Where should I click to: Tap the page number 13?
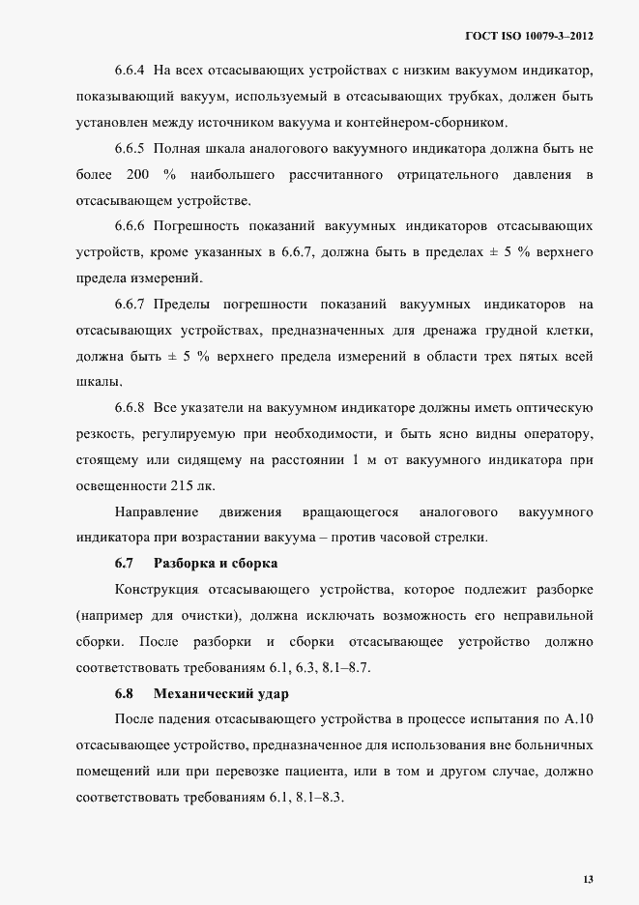(588, 879)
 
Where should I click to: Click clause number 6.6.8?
(130, 406)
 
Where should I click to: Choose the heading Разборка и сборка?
(217, 563)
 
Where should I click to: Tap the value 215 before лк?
(177, 484)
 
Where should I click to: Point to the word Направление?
(157, 511)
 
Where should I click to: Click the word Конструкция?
(157, 589)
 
